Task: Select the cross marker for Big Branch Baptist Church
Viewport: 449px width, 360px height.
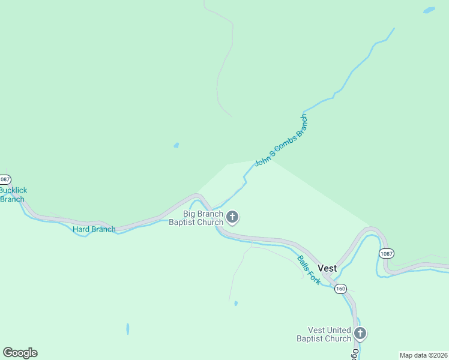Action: pos(232,217)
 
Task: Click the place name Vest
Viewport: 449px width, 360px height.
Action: pos(327,268)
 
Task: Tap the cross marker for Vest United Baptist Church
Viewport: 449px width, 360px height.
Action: pos(360,333)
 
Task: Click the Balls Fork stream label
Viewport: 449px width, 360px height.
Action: pos(309,270)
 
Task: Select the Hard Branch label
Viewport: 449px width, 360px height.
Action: pos(94,229)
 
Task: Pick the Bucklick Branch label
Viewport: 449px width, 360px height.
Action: pos(13,195)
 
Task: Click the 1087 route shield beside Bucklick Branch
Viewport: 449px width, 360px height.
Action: pos(5,179)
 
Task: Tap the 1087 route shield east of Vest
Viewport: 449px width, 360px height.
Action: pos(387,254)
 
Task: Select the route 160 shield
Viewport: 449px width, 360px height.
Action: pos(341,289)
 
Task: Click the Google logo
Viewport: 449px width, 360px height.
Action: pos(20,353)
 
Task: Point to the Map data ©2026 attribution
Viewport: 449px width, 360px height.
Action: pos(423,355)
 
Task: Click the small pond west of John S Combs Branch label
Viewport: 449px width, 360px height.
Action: pos(176,145)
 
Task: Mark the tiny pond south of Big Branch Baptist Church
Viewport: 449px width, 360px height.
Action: pos(236,304)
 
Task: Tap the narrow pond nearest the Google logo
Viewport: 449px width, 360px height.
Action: pos(127,329)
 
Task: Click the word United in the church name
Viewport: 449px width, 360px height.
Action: pos(339,330)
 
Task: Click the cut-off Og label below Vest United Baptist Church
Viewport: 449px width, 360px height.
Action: pos(355,354)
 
